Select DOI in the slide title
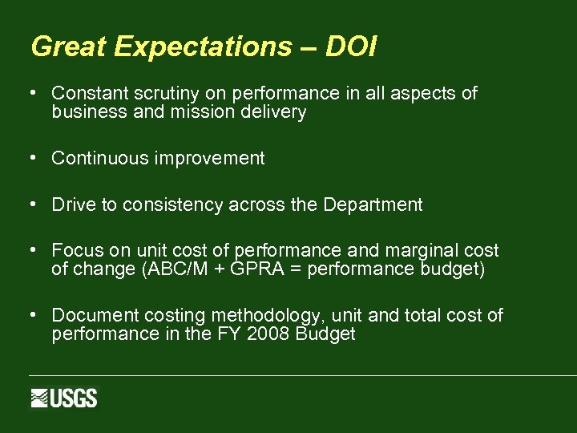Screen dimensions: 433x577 pos(352,47)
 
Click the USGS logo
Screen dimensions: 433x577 pos(64,398)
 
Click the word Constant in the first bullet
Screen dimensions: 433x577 pos(85,94)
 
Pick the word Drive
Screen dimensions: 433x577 pos(73,205)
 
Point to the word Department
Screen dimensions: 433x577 pos(373,205)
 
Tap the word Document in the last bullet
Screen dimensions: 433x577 pos(89,316)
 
